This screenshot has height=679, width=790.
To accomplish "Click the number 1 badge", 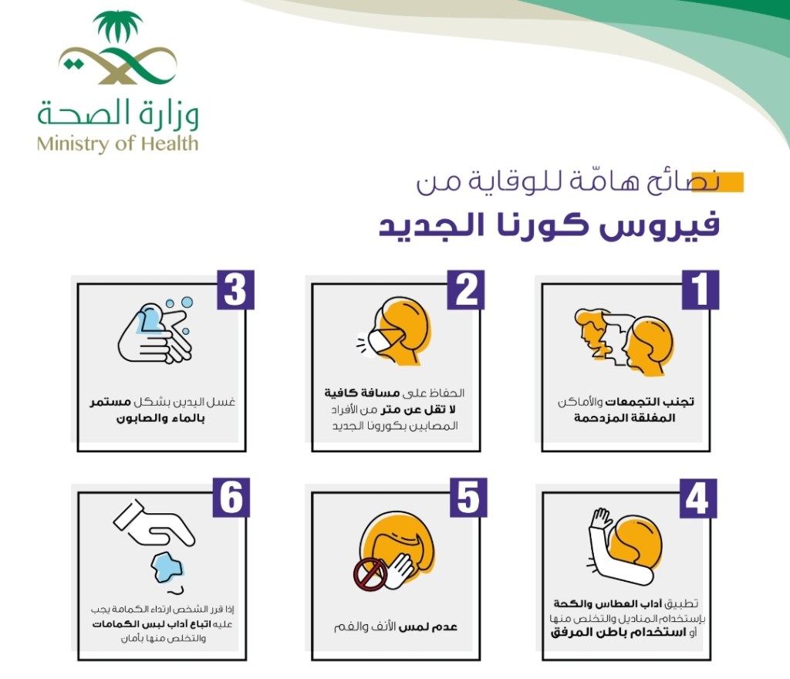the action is (701, 289).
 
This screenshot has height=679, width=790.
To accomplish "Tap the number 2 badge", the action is (466, 289).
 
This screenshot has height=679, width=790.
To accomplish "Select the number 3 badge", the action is (235, 289).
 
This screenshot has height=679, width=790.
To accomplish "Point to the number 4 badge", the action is (698, 498).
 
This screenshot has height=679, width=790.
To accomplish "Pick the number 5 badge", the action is (468, 498).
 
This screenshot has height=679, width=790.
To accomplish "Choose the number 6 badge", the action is (231, 498).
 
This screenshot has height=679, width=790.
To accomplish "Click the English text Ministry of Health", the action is (118, 144).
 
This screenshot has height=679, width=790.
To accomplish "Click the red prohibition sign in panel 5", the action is (370, 575).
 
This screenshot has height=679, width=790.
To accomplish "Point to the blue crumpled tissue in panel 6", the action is (167, 566).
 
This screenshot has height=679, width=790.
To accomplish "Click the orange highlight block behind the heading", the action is (717, 182).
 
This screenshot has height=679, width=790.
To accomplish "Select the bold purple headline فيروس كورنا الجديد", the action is (549, 225).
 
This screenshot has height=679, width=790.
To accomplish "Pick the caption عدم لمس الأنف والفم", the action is (396, 627).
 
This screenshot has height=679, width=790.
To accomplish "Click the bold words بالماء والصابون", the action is (160, 418).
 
